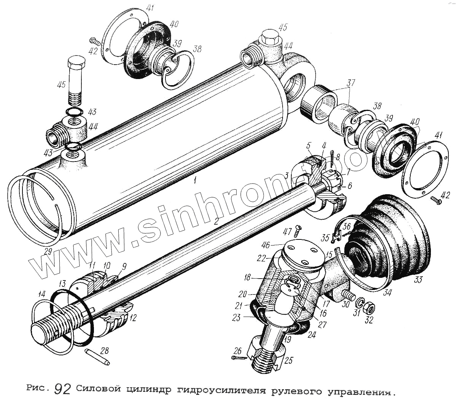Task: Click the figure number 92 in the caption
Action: (62, 389)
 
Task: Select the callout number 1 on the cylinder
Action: (194, 181)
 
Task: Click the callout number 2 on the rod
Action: (216, 222)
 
